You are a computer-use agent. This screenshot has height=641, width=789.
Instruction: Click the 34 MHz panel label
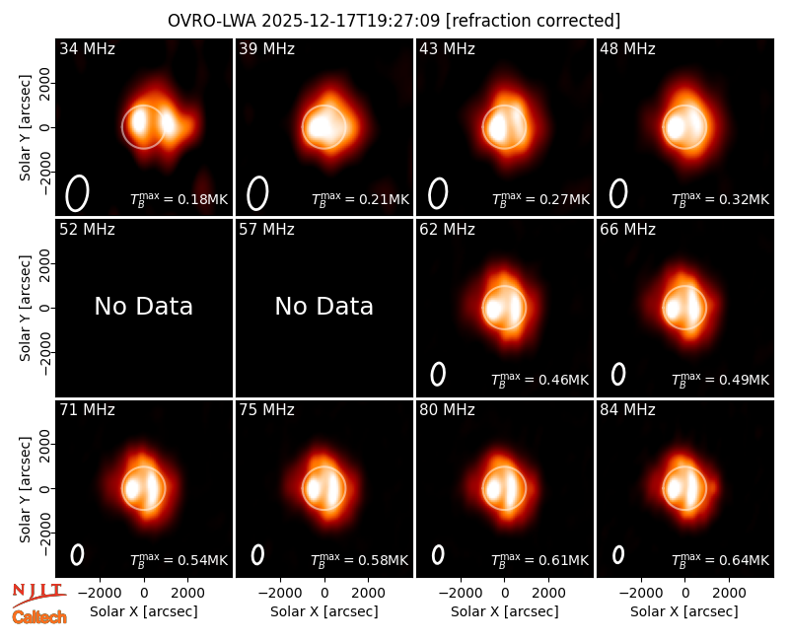coord(87,48)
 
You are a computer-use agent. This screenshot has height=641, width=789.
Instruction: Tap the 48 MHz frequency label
coord(627,48)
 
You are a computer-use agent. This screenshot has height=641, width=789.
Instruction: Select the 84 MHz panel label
coord(627,410)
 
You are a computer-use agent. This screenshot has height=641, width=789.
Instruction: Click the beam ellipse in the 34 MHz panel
coord(78,193)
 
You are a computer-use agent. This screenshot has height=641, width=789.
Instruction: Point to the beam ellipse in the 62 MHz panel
coord(438,375)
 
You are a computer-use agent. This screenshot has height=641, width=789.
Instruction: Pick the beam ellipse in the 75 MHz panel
coord(257,555)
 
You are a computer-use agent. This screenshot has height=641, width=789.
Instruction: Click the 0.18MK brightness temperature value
coord(195,199)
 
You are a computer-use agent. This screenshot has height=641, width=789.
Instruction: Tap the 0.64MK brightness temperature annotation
coord(737,560)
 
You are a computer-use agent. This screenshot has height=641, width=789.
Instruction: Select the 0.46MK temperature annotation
coord(556,380)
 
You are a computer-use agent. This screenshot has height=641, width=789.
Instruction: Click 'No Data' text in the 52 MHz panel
coord(144,307)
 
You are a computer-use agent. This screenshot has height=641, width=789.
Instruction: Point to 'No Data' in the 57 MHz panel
coord(324,307)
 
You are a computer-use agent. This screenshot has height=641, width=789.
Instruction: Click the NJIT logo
coord(38,595)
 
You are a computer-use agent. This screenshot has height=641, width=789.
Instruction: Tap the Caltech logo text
coord(39,617)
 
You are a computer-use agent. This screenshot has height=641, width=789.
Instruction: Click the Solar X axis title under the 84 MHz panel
coord(684,611)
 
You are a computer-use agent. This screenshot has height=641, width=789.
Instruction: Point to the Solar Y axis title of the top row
coord(25,128)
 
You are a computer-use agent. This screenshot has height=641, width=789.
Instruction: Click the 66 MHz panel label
coord(627,230)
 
